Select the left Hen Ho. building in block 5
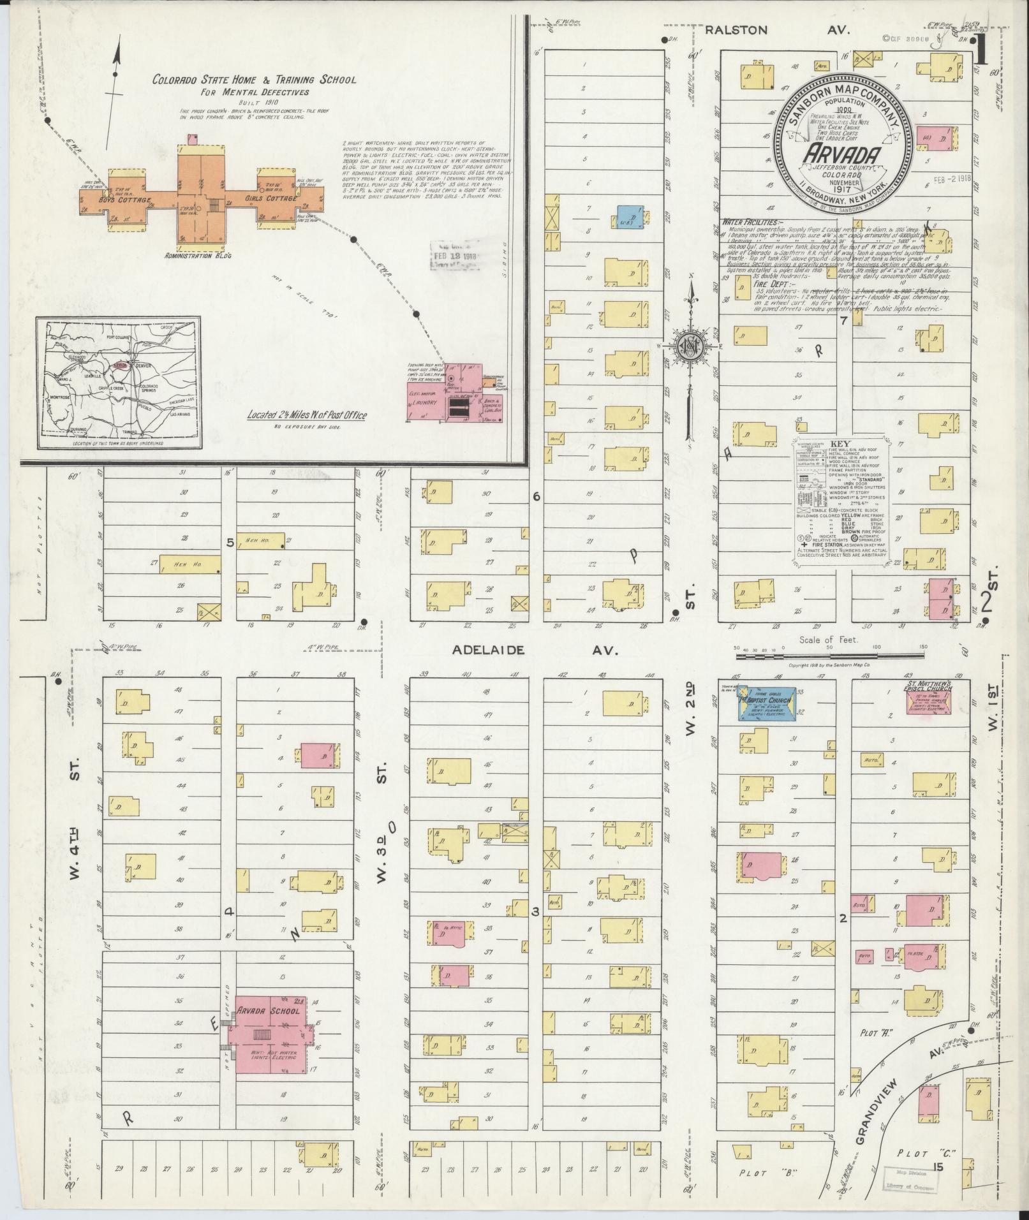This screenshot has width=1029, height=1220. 189,563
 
